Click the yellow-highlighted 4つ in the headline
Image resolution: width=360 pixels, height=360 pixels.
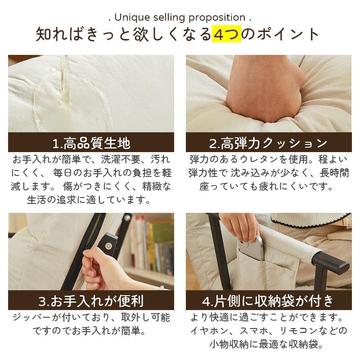click(x=226, y=34)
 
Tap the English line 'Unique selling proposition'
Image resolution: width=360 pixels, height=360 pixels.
click(x=180, y=18)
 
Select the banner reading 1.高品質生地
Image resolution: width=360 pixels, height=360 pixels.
click(x=91, y=143)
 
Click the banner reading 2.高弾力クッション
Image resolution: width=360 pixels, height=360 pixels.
click(x=269, y=143)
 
